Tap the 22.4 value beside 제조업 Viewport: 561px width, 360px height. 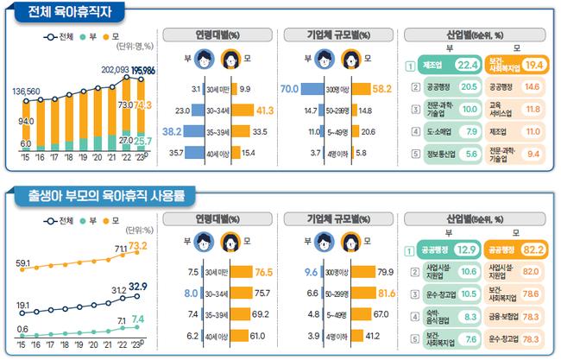tap(468, 65)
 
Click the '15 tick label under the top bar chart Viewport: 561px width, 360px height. tap(26, 159)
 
